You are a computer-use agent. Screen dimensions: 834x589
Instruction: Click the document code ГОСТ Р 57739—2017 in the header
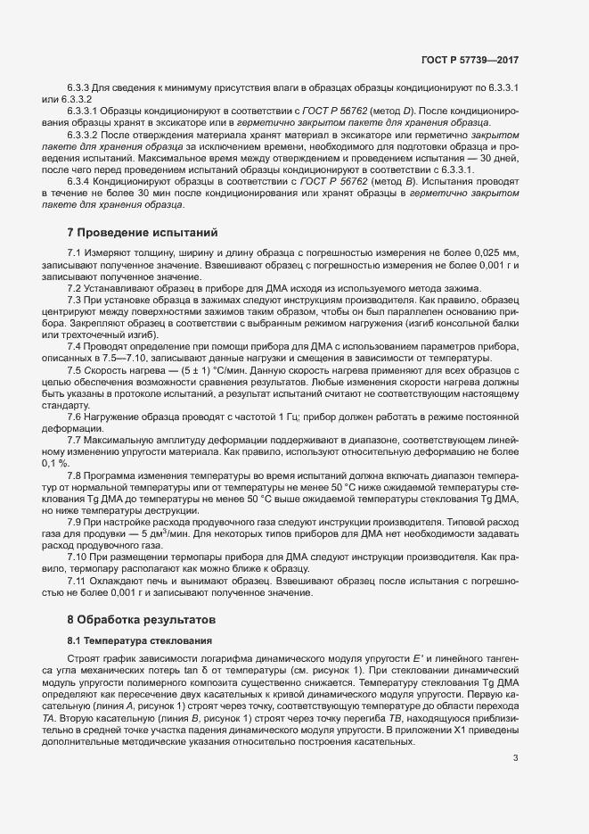point(469,60)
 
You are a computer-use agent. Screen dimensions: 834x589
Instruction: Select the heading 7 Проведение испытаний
point(143,234)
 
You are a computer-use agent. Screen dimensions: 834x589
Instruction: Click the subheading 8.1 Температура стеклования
point(140,640)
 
